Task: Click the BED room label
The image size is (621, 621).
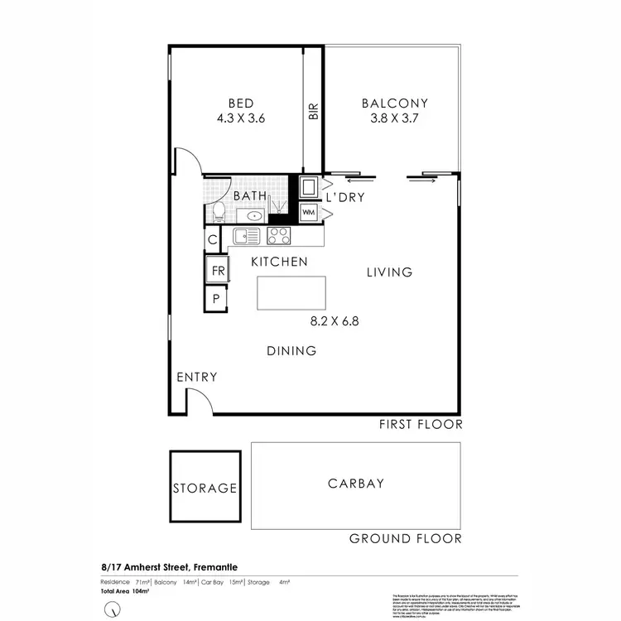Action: [x=240, y=103]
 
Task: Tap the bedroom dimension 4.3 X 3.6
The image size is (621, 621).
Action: [x=240, y=118]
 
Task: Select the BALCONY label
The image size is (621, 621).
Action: [x=395, y=103]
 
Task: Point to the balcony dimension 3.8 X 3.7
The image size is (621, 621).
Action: [x=395, y=118]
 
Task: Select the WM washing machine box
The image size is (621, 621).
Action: [x=308, y=213]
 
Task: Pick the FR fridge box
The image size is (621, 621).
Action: [x=218, y=271]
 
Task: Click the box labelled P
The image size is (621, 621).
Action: [x=216, y=299]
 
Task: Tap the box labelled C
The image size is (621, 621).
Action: [x=213, y=240]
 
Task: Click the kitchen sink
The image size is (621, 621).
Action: [x=247, y=236]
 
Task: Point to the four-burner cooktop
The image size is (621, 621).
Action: [x=278, y=235]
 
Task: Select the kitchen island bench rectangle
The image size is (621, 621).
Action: [x=291, y=293]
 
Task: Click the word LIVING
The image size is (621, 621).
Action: [x=389, y=272]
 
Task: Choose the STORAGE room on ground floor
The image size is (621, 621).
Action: [x=205, y=487]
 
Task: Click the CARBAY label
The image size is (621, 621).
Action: [x=356, y=484]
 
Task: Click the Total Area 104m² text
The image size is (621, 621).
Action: [x=123, y=592]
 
